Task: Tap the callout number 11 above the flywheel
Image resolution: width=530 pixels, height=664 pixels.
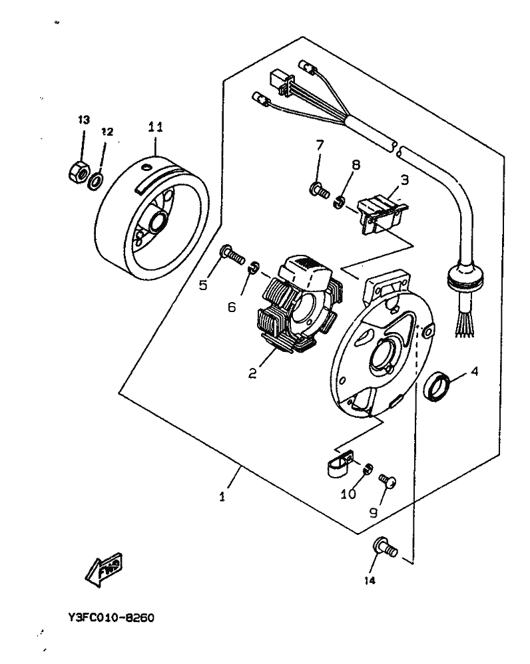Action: click(x=155, y=126)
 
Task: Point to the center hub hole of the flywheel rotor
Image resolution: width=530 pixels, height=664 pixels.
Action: click(x=160, y=221)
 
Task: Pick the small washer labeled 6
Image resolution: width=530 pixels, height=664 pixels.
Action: click(x=252, y=267)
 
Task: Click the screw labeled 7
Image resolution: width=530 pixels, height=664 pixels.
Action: click(x=318, y=191)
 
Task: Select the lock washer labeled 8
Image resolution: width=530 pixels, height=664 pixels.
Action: click(x=339, y=201)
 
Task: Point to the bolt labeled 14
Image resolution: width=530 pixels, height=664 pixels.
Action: click(x=386, y=548)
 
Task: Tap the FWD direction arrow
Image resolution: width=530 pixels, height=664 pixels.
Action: click(x=103, y=568)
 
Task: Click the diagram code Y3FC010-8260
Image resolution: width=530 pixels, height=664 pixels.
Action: click(x=111, y=617)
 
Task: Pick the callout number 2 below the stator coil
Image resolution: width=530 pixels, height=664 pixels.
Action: click(x=253, y=373)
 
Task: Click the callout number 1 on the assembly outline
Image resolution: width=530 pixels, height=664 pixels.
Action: click(x=222, y=496)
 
